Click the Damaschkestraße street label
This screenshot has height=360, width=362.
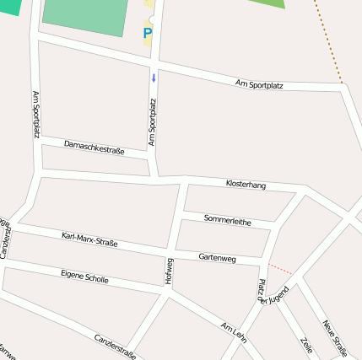(x=94, y=149)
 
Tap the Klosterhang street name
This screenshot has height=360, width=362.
(x=246, y=184)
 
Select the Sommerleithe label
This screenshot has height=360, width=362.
(x=227, y=220)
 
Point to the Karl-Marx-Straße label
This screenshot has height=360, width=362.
(x=89, y=239)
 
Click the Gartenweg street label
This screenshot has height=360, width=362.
(x=217, y=257)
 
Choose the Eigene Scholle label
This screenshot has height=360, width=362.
(x=84, y=276)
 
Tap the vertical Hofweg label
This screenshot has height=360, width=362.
(x=170, y=271)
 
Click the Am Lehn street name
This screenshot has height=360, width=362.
(x=233, y=330)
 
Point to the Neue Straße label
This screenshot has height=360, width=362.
(x=334, y=338)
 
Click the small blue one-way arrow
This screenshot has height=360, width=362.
(x=154, y=78)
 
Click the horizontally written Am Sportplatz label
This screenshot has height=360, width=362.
(x=259, y=84)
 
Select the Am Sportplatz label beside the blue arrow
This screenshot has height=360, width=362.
(x=153, y=123)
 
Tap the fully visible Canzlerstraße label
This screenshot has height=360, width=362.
(x=115, y=346)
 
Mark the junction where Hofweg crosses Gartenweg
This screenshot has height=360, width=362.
(x=173, y=251)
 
